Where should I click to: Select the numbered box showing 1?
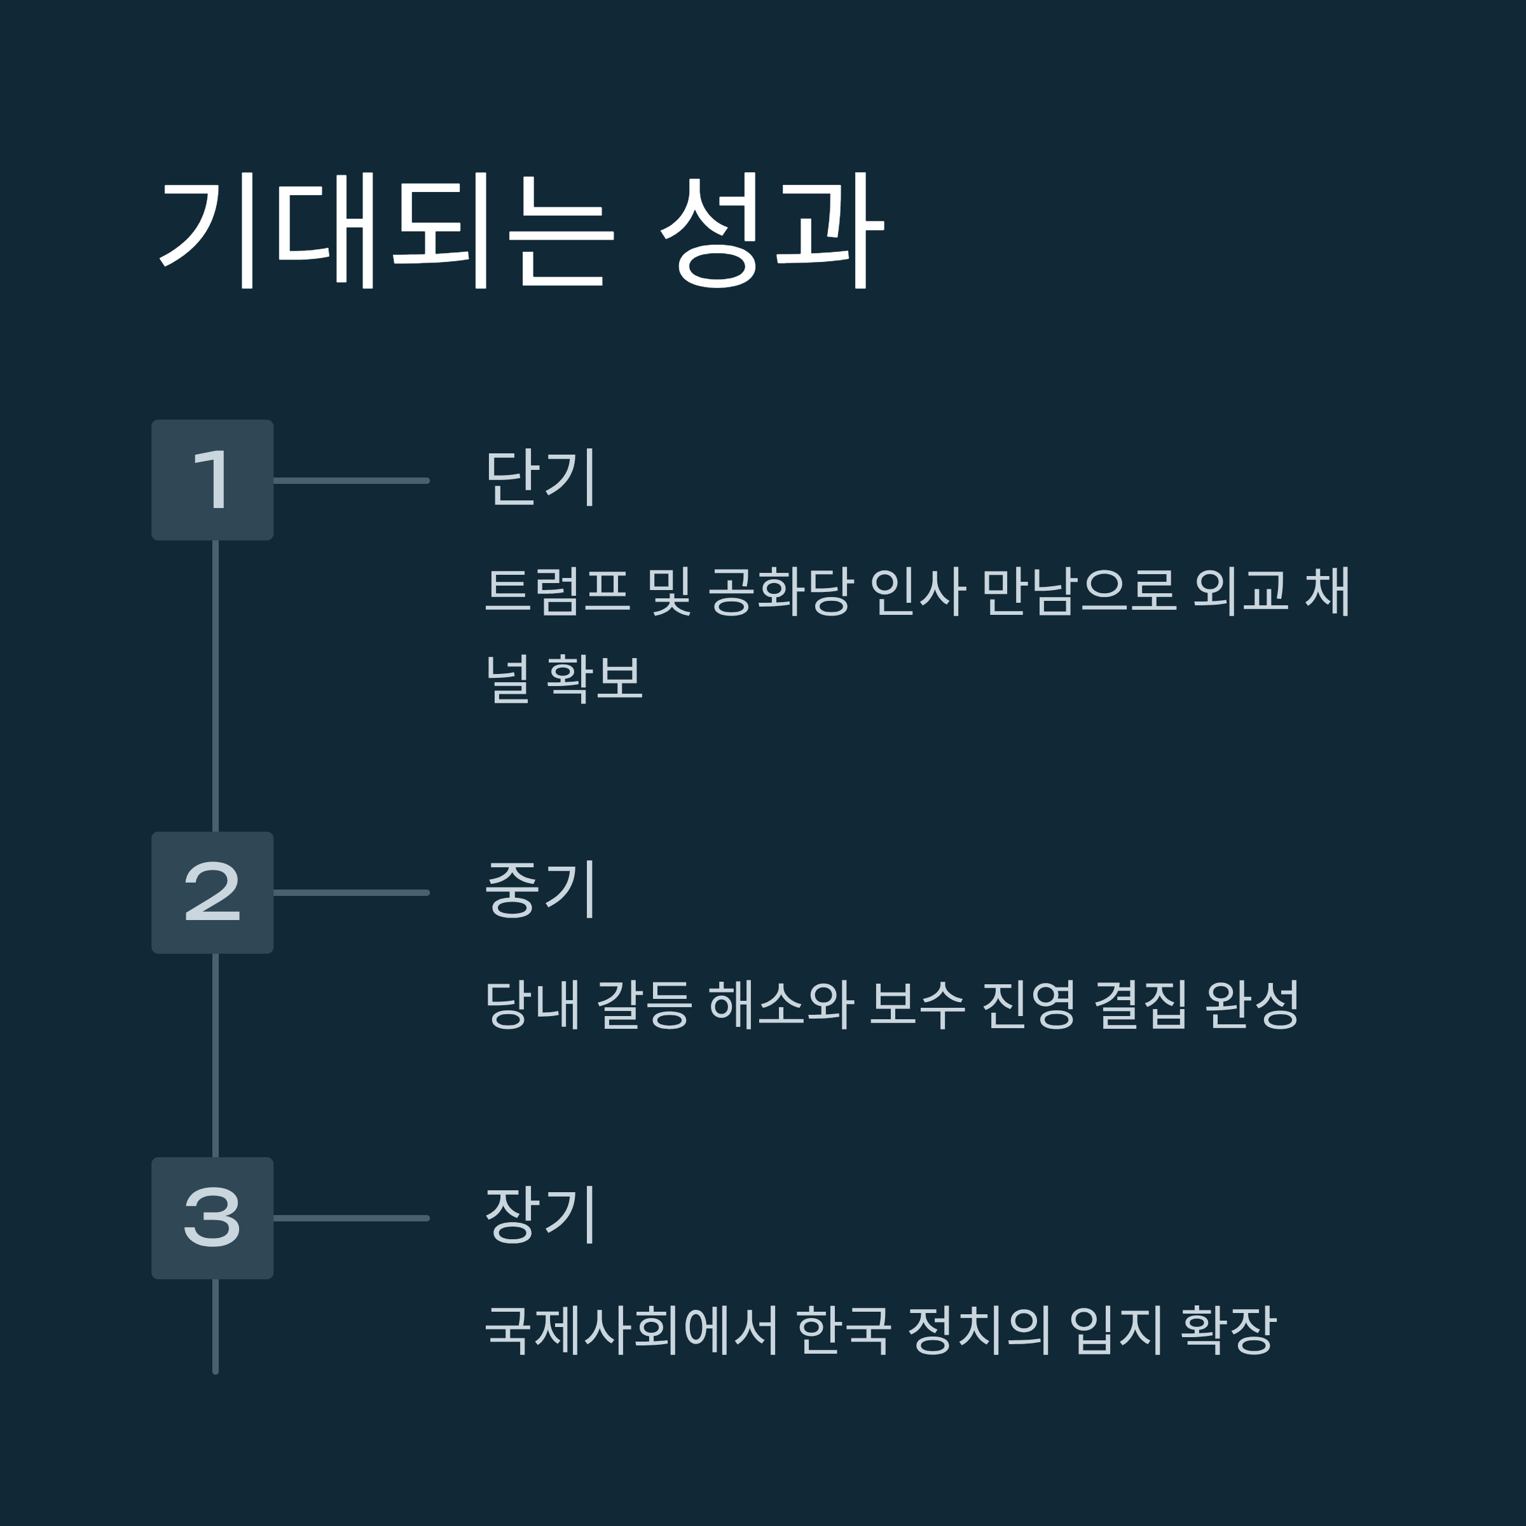pos(212,480)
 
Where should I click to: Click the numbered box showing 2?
pos(212,893)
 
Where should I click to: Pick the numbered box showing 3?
pos(212,1218)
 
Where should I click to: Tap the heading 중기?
pos(541,890)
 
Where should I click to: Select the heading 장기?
pos(541,1216)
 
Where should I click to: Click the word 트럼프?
pos(558,591)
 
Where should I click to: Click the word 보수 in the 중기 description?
pos(917,1005)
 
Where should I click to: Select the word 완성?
pos(1252,1005)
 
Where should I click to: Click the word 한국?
pos(844,1330)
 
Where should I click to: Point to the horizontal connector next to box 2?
pos(352,893)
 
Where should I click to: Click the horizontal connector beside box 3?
pos(352,1218)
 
